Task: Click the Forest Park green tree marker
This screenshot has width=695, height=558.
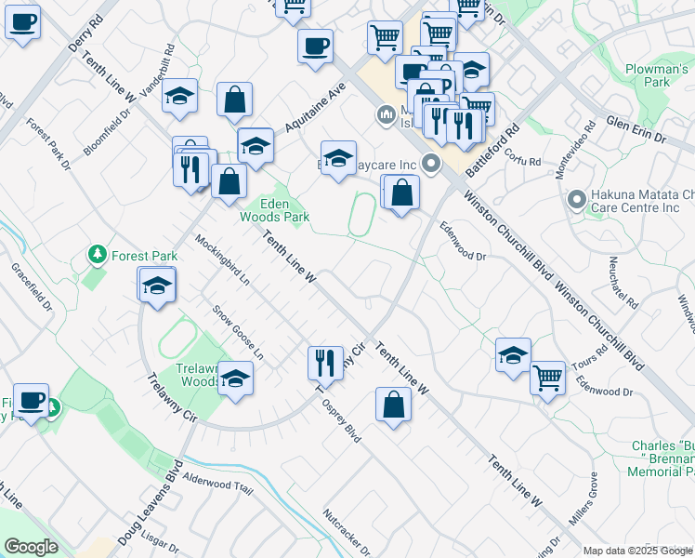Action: [96, 254]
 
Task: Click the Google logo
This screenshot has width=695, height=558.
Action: [31, 547]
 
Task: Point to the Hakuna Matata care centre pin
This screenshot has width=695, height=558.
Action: [576, 200]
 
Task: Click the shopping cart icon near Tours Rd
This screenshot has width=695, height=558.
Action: [548, 378]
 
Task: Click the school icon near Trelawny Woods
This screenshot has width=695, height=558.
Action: [236, 379]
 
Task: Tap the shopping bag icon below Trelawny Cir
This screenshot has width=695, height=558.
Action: [394, 405]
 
